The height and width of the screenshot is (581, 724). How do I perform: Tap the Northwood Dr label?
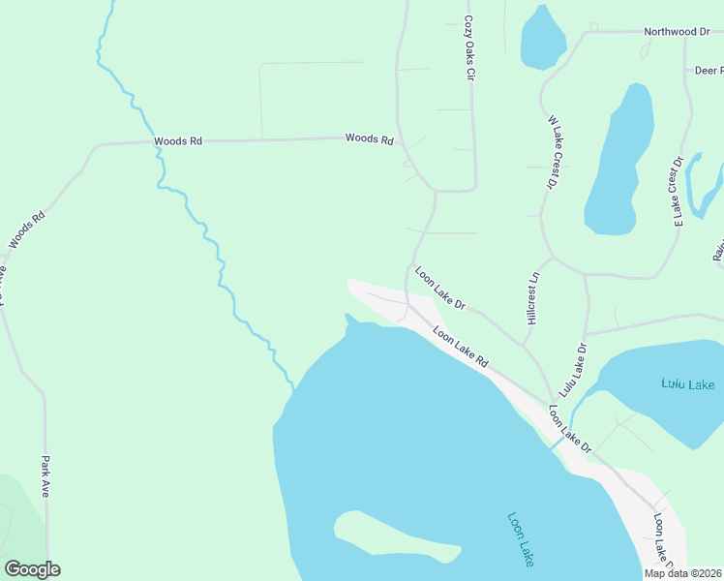coord(678,32)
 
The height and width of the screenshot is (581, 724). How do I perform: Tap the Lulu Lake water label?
coord(688,384)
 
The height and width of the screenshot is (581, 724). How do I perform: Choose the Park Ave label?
coord(45,476)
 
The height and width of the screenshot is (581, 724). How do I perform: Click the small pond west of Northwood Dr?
coord(543,39)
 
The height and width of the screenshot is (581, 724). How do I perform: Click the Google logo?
coord(32,569)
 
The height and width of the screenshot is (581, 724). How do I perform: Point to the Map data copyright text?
coord(683,573)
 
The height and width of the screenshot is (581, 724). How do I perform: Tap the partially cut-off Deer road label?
coord(709,71)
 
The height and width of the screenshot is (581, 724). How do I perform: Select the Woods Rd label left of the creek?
coord(178,141)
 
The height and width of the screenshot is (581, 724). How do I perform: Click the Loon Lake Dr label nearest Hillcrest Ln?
coord(440,289)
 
